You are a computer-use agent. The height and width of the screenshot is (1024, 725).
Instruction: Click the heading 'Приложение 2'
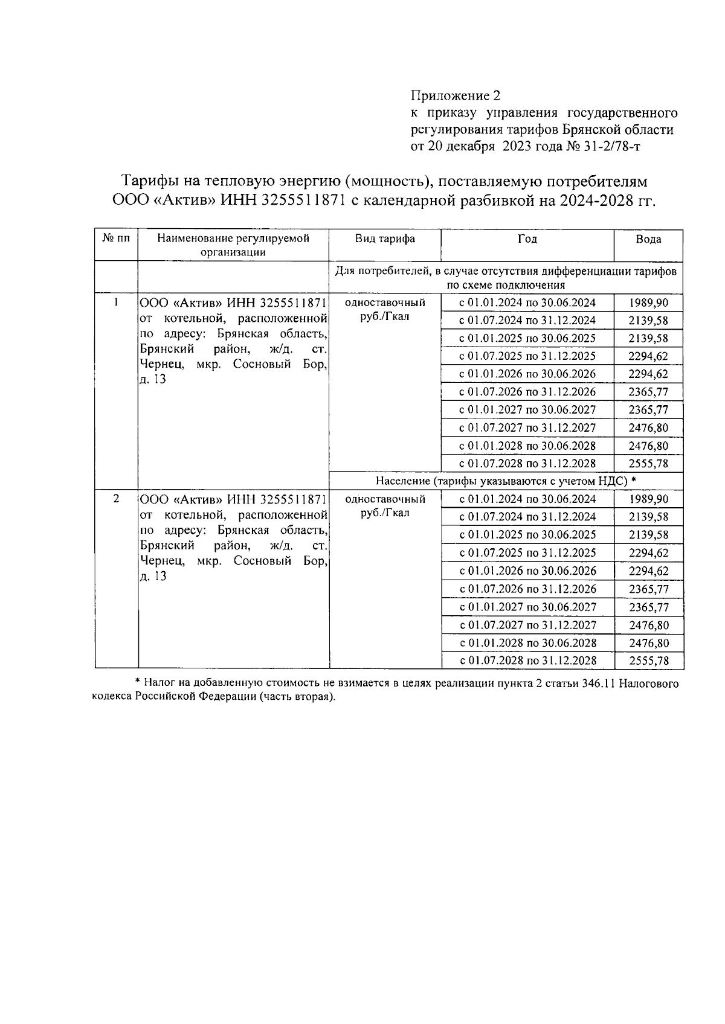click(x=456, y=95)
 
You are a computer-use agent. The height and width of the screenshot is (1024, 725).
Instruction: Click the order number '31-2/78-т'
click(x=611, y=146)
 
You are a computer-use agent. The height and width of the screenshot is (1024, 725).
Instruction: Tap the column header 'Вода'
click(x=648, y=239)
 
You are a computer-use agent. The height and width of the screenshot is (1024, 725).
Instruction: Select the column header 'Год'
click(x=527, y=238)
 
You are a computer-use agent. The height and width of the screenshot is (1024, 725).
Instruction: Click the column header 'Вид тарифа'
click(x=385, y=238)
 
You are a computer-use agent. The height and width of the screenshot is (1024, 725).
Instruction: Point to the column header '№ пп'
click(x=116, y=238)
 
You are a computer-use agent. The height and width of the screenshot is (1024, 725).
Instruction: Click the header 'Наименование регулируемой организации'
click(x=233, y=245)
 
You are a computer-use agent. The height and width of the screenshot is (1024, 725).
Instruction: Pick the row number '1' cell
click(x=115, y=301)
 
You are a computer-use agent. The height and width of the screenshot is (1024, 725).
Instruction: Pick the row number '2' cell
click(x=115, y=498)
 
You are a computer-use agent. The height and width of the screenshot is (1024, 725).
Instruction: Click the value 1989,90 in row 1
click(x=648, y=303)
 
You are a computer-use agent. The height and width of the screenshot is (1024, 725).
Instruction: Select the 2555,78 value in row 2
click(x=648, y=661)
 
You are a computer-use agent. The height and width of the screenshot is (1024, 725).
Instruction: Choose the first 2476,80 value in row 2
click(x=648, y=625)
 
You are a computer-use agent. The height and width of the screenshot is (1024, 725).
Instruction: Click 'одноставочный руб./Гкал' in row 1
click(x=385, y=309)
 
